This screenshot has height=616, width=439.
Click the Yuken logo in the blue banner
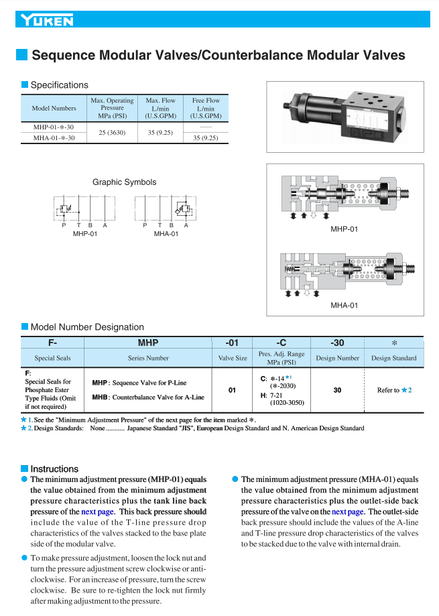[x=47, y=19]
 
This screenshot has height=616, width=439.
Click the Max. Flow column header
[x=161, y=108]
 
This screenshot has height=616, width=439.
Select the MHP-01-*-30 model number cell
[x=54, y=127]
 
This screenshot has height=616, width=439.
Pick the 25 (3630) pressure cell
[x=112, y=133]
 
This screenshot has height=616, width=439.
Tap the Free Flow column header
[x=206, y=108]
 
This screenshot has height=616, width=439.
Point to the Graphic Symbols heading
[x=125, y=182]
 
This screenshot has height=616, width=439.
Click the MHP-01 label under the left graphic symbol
[x=85, y=234]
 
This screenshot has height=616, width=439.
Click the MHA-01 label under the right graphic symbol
[x=166, y=234]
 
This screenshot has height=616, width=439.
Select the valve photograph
[x=345, y=117]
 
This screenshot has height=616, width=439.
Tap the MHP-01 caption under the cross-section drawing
[x=344, y=229]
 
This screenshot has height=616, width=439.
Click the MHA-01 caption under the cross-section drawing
[x=344, y=305]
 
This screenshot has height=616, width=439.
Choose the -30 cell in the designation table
[x=337, y=343]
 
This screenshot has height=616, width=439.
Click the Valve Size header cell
[x=233, y=358]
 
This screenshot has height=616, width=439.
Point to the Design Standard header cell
[x=394, y=358]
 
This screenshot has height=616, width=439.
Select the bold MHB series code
[x=100, y=397]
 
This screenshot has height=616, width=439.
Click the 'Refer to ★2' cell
[x=394, y=390]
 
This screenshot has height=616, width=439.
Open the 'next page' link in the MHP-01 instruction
[x=98, y=512]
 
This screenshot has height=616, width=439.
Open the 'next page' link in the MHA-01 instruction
[x=348, y=512]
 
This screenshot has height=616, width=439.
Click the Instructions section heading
[x=54, y=469]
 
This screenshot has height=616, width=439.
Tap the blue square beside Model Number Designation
[x=24, y=326]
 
